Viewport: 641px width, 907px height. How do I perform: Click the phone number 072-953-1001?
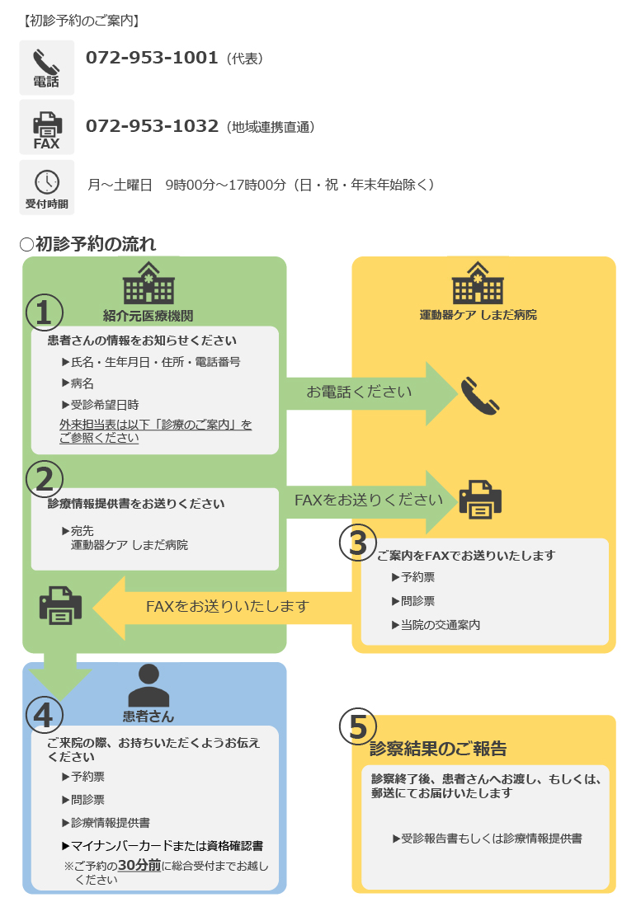pos(152,58)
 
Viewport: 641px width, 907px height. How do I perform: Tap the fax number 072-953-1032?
pos(152,126)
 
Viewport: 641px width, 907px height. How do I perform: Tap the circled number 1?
pos(45,313)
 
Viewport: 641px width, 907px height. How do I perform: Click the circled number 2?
pos(45,477)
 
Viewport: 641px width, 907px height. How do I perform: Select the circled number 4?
pos(45,715)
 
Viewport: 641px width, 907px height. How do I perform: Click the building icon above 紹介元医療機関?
pos(148,284)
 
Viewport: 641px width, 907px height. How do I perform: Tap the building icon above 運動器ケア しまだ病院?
pos(478,284)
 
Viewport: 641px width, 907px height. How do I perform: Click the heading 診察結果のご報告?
pos(438,749)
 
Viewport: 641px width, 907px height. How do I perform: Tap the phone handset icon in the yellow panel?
pos(479,396)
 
